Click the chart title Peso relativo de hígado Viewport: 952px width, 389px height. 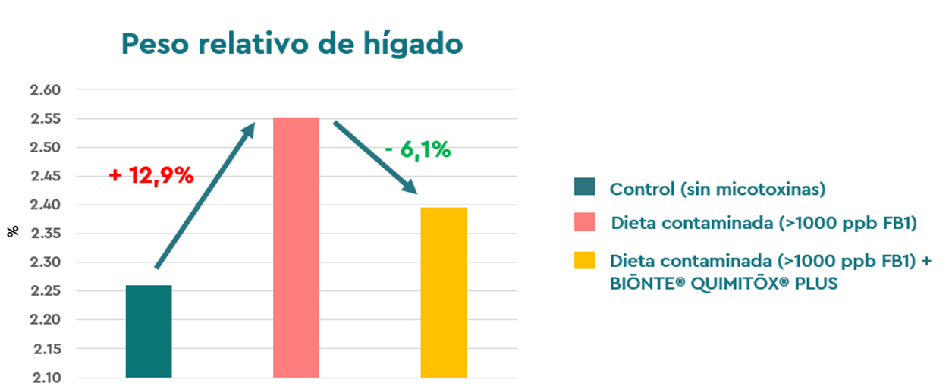(x=292, y=44)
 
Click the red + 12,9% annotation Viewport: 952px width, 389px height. (x=151, y=175)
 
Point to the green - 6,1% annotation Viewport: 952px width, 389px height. (x=417, y=149)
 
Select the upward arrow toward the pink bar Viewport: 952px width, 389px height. (x=205, y=196)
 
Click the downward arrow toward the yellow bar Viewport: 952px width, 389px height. (x=375, y=156)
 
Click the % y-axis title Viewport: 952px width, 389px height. (x=13, y=231)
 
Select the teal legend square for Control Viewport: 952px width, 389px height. (x=585, y=187)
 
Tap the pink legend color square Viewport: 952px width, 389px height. (x=585, y=223)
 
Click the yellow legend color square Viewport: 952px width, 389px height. (x=585, y=260)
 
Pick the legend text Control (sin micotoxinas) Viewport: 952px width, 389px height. (x=717, y=189)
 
